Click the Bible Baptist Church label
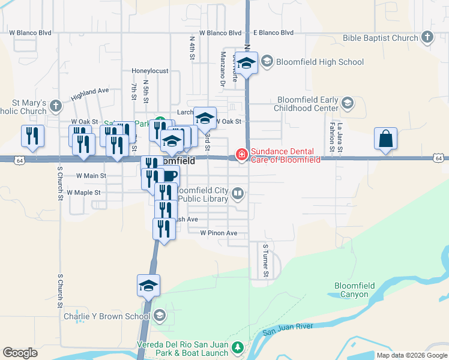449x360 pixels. point(380,38)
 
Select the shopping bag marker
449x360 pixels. point(385,139)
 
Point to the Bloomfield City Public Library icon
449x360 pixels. point(238,193)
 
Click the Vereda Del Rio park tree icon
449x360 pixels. point(238,347)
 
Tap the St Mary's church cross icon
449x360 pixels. point(55,106)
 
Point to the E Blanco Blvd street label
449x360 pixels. point(273,32)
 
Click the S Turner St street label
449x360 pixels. point(265,261)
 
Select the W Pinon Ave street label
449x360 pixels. point(219,233)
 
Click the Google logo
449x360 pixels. point(20,353)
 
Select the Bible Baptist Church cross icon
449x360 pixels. point(427,38)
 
